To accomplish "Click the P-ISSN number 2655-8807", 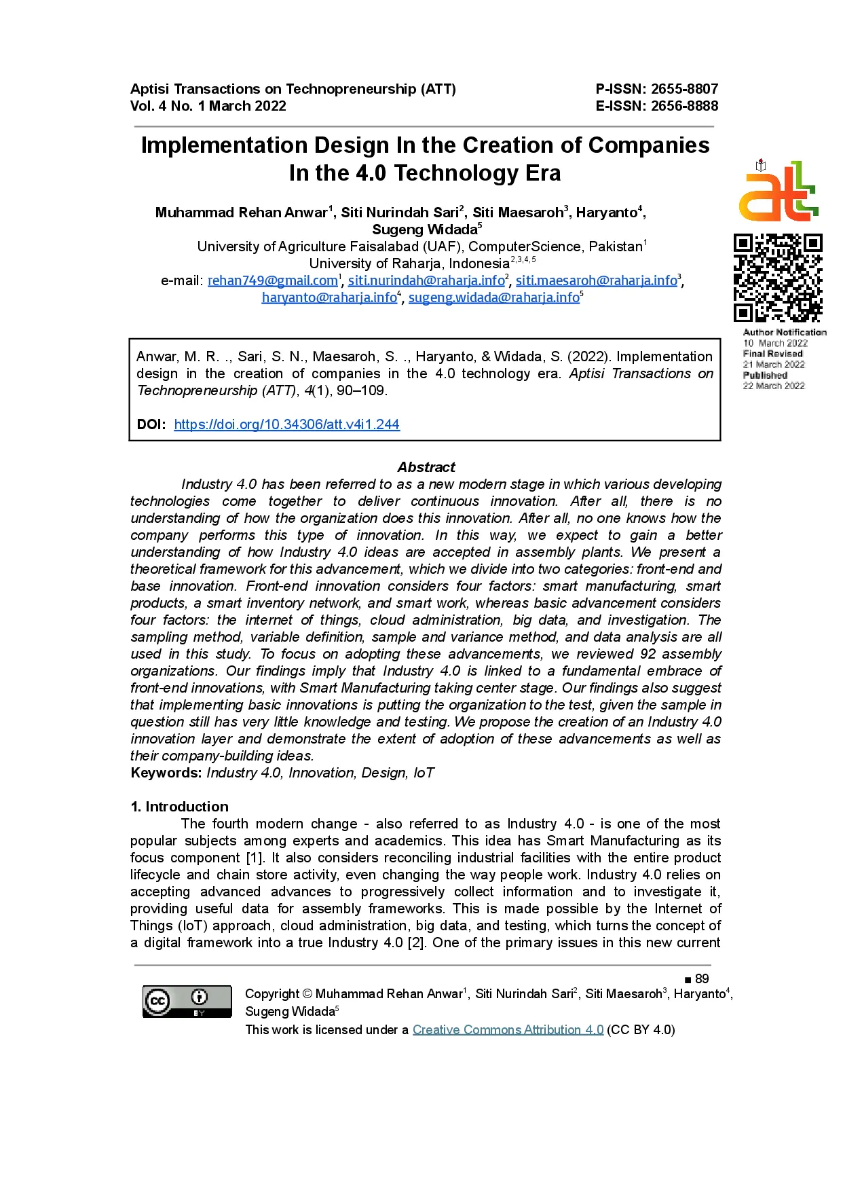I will pyautogui.click(x=684, y=89).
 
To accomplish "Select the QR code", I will pyautogui.click(x=778, y=278).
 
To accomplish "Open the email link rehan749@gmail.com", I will pyautogui.click(x=273, y=280).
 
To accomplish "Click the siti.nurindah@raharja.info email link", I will pyautogui.click(x=426, y=280).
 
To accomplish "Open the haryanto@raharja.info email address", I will pyautogui.click(x=329, y=297).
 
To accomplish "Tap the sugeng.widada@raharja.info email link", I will pyautogui.click(x=493, y=297).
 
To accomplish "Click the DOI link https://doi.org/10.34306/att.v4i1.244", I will pyautogui.click(x=286, y=424).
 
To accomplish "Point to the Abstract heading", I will pyautogui.click(x=426, y=467).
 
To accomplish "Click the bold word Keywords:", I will pyautogui.click(x=166, y=773).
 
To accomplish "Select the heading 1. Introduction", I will pyautogui.click(x=180, y=807).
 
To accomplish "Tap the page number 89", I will pyautogui.click(x=702, y=978).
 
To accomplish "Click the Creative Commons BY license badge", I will pyautogui.click(x=187, y=1002).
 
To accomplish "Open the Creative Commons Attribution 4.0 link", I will pyautogui.click(x=508, y=1029).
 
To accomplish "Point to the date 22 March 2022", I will pyautogui.click(x=774, y=386).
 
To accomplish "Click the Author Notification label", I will pyautogui.click(x=785, y=332).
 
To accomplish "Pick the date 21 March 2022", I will pyautogui.click(x=774, y=365).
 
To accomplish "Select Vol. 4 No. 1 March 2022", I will pyautogui.click(x=208, y=106).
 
